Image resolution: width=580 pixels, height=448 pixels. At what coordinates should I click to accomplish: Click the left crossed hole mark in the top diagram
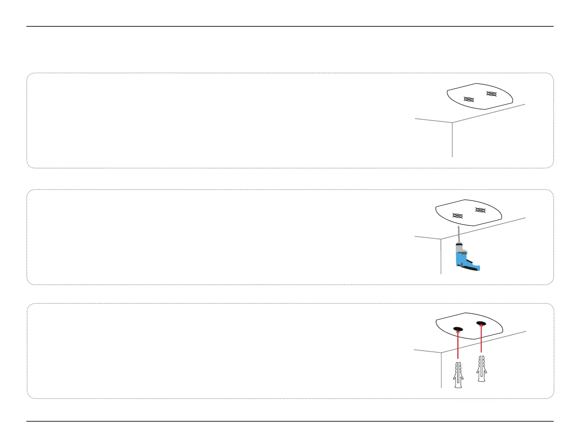(469, 99)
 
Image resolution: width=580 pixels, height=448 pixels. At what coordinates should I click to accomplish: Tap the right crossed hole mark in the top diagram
(491, 94)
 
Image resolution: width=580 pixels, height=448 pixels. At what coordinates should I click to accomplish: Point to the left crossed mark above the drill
(458, 216)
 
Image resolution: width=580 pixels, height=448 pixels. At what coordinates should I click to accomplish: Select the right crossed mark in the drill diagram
(480, 210)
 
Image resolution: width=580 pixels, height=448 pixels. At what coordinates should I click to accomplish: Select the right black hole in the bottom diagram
(481, 323)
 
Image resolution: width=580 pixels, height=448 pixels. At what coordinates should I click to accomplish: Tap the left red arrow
(458, 344)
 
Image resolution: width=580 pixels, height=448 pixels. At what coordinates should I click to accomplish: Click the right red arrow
(481, 339)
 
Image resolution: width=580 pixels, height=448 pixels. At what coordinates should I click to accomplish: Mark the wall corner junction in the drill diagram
(441, 239)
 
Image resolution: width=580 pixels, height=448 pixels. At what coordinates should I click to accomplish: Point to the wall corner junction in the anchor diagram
(441, 352)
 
